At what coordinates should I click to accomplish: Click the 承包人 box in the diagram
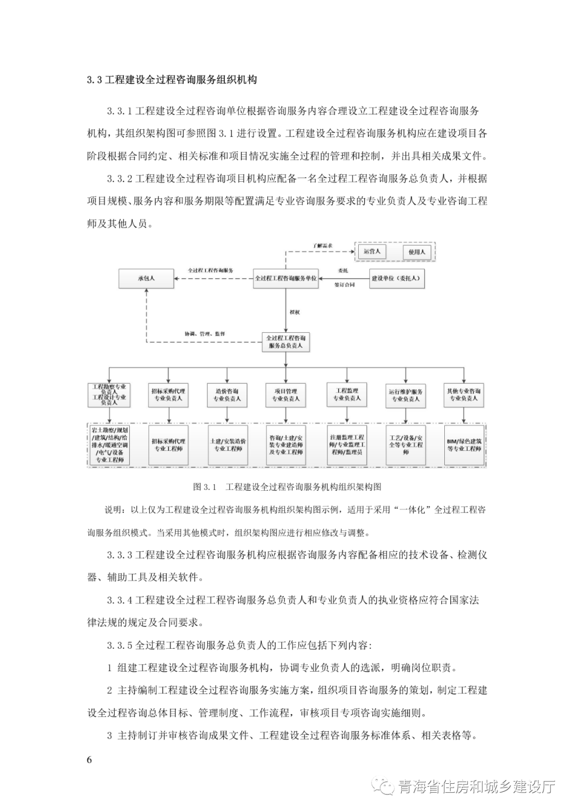147,278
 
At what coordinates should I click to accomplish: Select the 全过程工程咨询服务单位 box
285,278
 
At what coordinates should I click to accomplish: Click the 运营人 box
372,252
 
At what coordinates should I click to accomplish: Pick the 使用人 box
417,252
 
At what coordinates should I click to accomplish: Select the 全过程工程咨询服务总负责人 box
286,341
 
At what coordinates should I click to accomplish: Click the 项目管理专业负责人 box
286,395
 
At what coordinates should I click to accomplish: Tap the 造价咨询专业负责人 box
227,395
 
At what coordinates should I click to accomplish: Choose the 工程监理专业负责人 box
347,395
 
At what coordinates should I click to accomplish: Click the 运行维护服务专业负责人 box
406,395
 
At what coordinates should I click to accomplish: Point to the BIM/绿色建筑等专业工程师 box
464,445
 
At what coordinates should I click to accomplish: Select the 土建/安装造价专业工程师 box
227,445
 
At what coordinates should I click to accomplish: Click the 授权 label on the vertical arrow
294,312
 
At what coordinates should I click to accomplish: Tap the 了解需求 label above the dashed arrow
323,246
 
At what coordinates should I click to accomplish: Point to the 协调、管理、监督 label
205,334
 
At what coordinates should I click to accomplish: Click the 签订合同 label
344,285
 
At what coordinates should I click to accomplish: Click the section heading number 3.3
95,80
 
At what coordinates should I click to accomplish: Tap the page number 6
89,759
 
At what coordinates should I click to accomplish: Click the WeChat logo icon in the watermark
384,786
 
